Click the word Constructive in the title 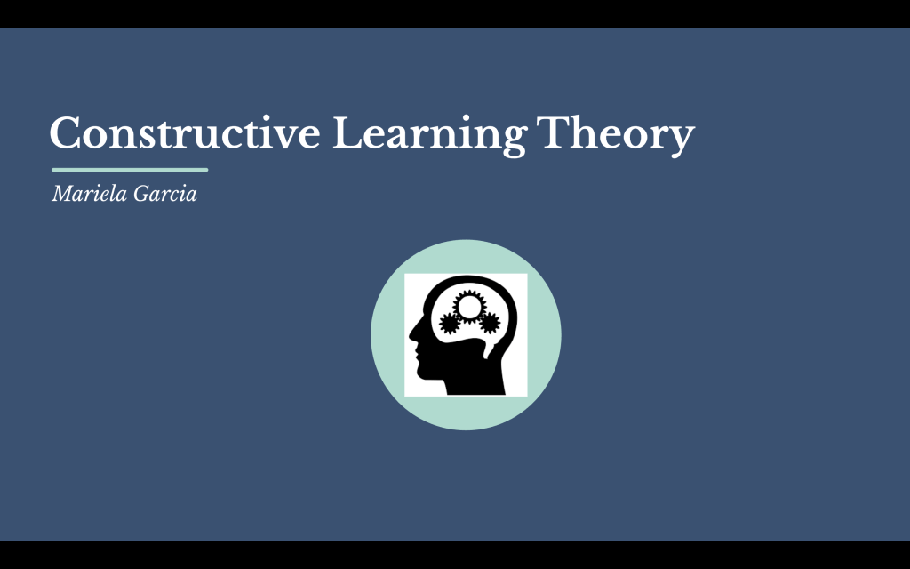(x=185, y=133)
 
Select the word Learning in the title (x=429, y=136)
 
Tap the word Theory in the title (x=615, y=136)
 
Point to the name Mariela (x=90, y=193)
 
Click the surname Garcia (x=165, y=193)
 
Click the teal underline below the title (x=130, y=170)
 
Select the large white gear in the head (x=469, y=307)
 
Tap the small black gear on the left (x=450, y=324)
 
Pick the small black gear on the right (x=490, y=323)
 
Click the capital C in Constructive (x=64, y=133)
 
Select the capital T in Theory (x=553, y=133)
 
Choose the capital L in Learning (x=348, y=133)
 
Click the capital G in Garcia (x=142, y=193)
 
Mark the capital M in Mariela (x=63, y=193)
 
